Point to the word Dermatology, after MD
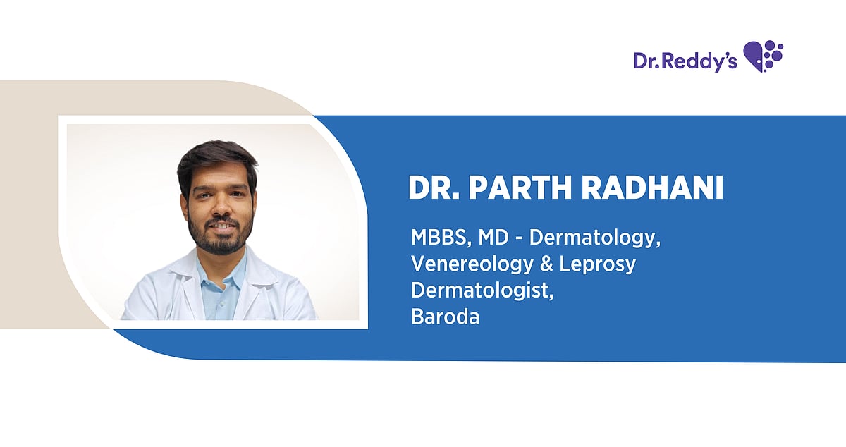(x=595, y=238)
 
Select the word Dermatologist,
(x=482, y=290)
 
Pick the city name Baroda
(x=445, y=317)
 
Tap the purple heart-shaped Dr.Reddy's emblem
(x=763, y=56)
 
